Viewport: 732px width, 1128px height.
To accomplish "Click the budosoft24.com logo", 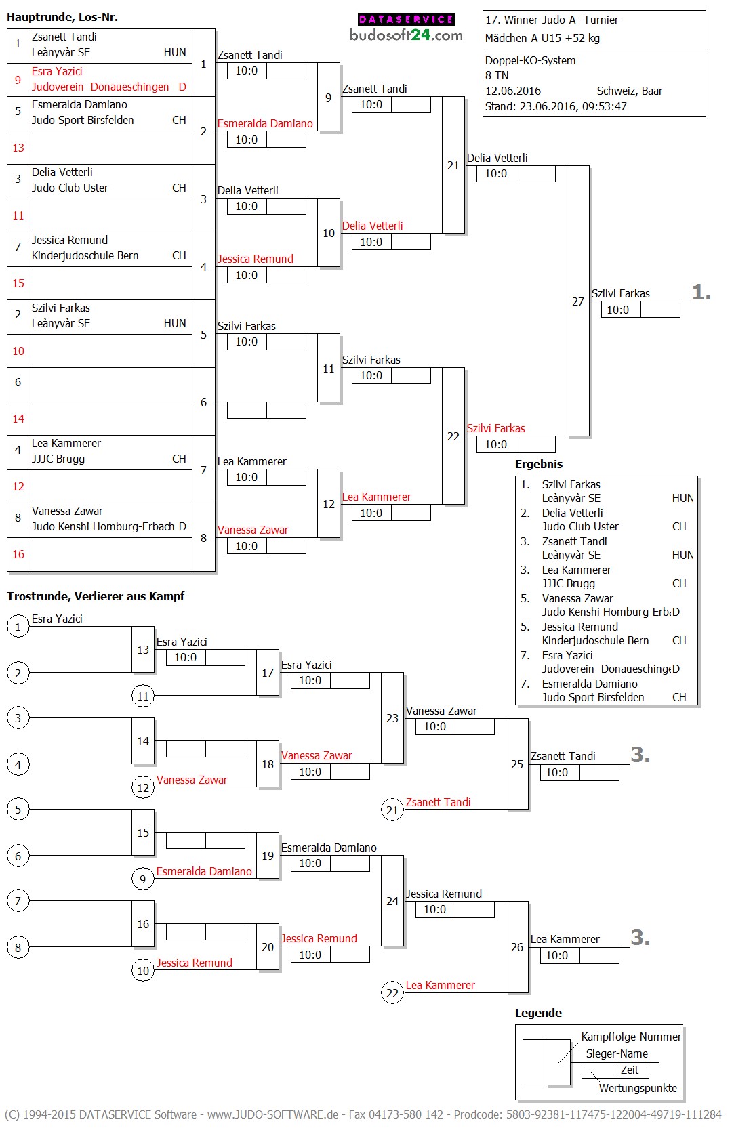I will pos(406,28).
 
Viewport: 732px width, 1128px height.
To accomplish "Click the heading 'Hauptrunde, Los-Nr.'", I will pos(62,17).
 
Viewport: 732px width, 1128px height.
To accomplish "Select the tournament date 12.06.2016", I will pos(512,91).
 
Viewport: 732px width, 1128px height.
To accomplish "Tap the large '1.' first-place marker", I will pos(701,292).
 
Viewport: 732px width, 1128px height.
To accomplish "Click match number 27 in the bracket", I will pos(577,301).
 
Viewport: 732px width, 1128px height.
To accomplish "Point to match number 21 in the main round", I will pos(453,165).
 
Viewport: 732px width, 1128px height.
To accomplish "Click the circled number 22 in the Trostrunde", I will pos(392,993).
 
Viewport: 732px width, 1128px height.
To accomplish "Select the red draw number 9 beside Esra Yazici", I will pos(18,79).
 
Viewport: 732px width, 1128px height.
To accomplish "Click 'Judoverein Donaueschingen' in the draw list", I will pos(100,87).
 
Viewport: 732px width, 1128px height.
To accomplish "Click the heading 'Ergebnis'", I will pos(539,464).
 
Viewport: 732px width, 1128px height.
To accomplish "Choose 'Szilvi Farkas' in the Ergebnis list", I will pos(571,484).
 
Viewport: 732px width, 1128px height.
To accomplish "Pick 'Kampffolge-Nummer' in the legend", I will pos(631,1037).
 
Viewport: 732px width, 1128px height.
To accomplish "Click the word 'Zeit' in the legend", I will pos(630,1070).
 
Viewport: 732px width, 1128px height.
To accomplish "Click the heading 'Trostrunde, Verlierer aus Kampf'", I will pos(96,596).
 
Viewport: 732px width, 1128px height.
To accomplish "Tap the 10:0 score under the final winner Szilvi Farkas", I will pos(617,310).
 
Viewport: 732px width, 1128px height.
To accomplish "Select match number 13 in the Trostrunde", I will pos(143,650).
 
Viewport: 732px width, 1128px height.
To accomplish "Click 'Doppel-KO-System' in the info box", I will pos(530,60).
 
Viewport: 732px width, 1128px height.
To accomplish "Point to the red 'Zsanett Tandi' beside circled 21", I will pos(438,802).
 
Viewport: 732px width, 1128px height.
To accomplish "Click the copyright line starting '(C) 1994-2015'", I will pos(363,1114).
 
